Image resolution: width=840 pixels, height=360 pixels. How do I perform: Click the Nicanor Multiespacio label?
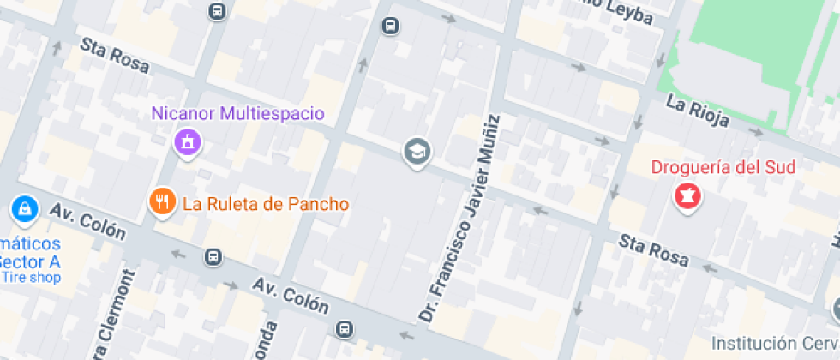pyautogui.click(x=237, y=113)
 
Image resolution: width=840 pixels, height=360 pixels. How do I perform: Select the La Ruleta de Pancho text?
pyautogui.click(x=266, y=204)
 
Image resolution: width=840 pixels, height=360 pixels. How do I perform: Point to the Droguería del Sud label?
pyautogui.click(x=724, y=167)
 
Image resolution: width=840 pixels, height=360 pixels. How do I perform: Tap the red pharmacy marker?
pyautogui.click(x=687, y=197)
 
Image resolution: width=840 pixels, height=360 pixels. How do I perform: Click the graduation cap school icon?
pyautogui.click(x=417, y=153)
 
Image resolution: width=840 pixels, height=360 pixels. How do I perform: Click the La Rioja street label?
pyautogui.click(x=697, y=111)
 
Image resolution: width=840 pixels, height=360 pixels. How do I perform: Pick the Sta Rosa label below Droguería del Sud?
pyautogui.click(x=654, y=249)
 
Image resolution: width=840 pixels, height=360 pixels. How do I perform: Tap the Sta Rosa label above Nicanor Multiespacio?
pyautogui.click(x=115, y=54)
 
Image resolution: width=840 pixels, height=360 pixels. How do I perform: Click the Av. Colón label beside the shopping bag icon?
pyautogui.click(x=87, y=221)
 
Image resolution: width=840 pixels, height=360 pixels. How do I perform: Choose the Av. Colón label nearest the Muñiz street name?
pyautogui.click(x=291, y=295)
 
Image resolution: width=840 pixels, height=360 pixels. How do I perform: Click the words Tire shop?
pyautogui.click(x=31, y=277)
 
